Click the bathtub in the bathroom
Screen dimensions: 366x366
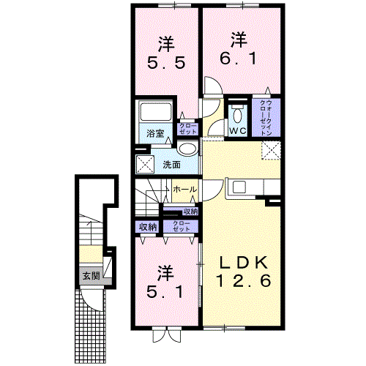click(x=155, y=113)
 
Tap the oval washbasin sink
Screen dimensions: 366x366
click(x=188, y=149)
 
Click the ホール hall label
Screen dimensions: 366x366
click(x=184, y=190)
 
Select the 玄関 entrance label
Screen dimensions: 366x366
click(x=90, y=276)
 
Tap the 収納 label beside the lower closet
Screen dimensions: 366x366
click(x=148, y=227)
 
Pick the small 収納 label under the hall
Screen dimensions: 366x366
click(x=190, y=211)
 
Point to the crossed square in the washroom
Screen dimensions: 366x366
click(x=144, y=163)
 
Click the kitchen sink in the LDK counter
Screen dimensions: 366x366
click(x=239, y=187)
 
